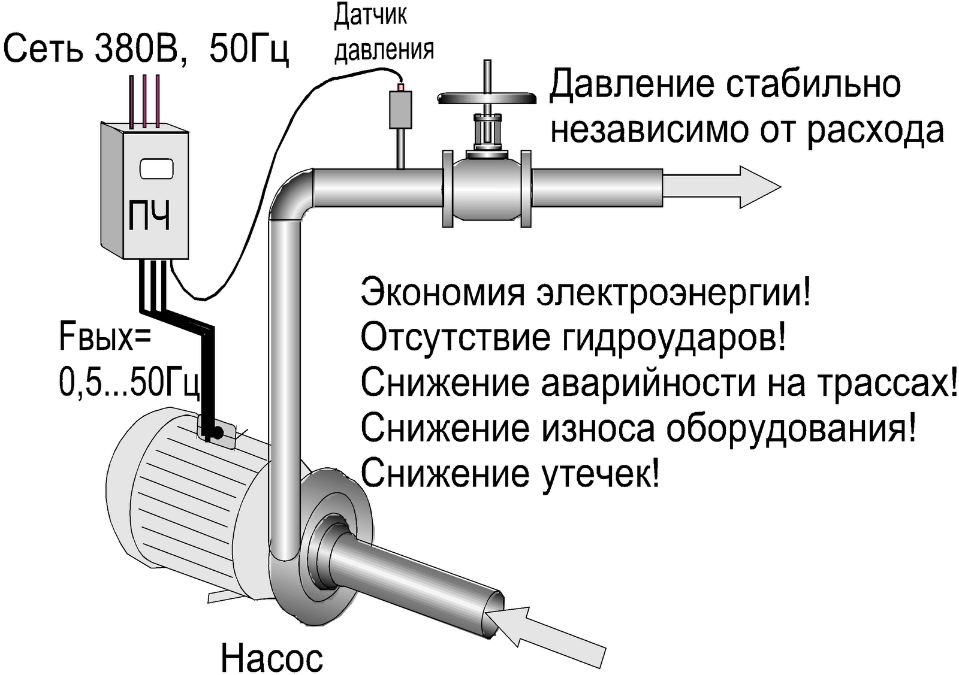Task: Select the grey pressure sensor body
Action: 400,108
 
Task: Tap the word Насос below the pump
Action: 272,657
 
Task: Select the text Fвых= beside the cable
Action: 105,337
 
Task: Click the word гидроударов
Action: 673,338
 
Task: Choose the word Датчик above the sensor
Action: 370,16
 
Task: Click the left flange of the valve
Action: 448,188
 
